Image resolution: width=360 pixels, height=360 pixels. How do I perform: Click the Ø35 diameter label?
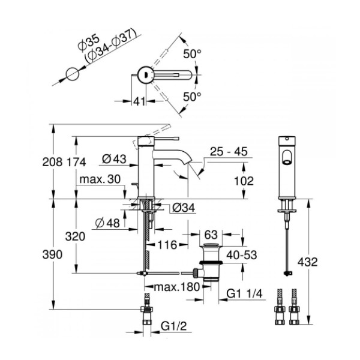point(88,43)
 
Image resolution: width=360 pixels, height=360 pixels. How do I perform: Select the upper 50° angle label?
point(192,54)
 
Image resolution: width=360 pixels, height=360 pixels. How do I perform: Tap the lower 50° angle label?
point(192,97)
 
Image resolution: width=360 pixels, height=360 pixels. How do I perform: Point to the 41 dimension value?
point(139,101)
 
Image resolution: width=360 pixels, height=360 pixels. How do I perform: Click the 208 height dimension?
point(52,162)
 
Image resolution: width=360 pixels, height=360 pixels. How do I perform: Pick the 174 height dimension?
point(76,162)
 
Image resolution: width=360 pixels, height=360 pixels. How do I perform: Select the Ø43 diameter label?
point(114,158)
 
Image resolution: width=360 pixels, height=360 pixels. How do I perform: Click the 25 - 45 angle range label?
point(229,152)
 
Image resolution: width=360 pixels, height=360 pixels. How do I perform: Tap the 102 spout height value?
point(244,181)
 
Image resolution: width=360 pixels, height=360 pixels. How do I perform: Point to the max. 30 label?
point(100,179)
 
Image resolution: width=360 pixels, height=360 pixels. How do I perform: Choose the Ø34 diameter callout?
point(183,208)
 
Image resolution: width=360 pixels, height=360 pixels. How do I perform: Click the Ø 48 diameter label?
point(107,223)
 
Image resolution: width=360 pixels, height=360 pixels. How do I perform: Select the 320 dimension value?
point(75,236)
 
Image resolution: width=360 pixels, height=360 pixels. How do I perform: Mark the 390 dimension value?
point(52,254)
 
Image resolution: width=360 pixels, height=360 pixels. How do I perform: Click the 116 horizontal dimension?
point(167,245)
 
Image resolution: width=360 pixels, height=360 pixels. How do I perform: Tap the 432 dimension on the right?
point(308,262)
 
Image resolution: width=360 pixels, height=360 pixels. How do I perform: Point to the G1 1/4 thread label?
point(244,293)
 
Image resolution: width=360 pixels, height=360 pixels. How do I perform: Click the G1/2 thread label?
point(174,326)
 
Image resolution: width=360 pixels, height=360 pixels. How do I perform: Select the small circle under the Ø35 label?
point(73,74)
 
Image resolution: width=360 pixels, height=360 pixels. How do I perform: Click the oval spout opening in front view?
point(287,158)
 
